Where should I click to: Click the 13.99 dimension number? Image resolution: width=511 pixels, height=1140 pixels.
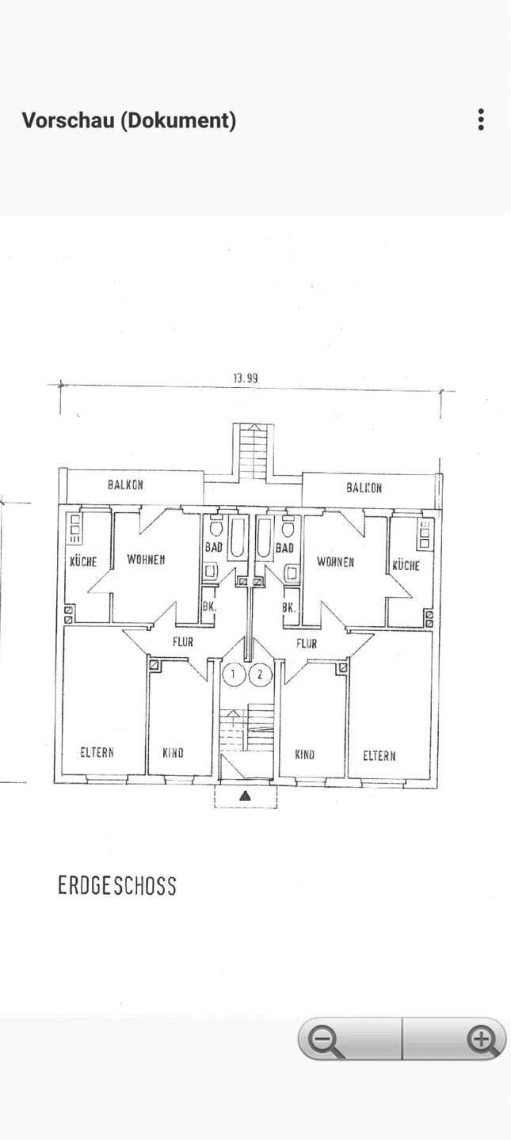coord(246,378)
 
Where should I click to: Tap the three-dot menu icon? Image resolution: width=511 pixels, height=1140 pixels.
coord(481,120)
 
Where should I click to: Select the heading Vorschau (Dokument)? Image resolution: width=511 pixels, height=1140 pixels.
coord(129,120)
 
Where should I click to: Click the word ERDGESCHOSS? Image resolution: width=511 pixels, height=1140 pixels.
coord(116,886)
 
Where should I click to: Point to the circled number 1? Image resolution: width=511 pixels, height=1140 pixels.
coord(234,674)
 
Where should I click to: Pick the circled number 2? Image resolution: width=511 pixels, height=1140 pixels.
coord(261,674)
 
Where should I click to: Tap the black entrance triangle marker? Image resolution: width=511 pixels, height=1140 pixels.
coord(245,796)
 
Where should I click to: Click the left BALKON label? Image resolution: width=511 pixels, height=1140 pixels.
coord(125,485)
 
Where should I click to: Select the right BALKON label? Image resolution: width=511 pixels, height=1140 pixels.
coord(364,488)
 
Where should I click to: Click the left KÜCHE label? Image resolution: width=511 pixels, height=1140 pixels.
coord(83,561)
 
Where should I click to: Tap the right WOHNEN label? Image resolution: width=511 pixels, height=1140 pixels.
coord(335,562)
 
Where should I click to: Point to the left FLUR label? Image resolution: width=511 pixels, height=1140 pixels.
coord(183,642)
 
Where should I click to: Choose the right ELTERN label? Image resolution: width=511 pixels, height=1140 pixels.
coord(379,756)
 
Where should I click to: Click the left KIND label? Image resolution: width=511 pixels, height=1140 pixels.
coord(173,753)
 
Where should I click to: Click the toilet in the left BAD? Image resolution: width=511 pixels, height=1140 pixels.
coord(215,526)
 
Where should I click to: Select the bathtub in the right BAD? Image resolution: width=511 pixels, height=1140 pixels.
coord(264,537)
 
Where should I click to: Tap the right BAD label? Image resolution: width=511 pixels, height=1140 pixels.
coord(284,548)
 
